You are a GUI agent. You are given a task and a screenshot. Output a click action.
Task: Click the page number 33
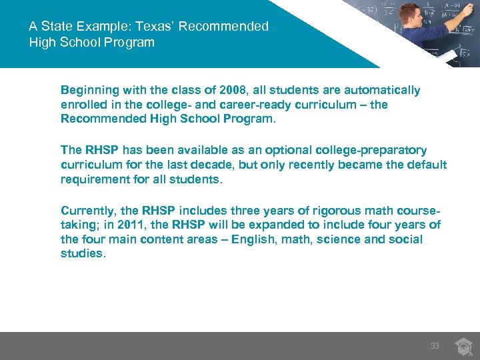(435, 346)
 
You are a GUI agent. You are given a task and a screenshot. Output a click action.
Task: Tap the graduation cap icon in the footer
(463, 345)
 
